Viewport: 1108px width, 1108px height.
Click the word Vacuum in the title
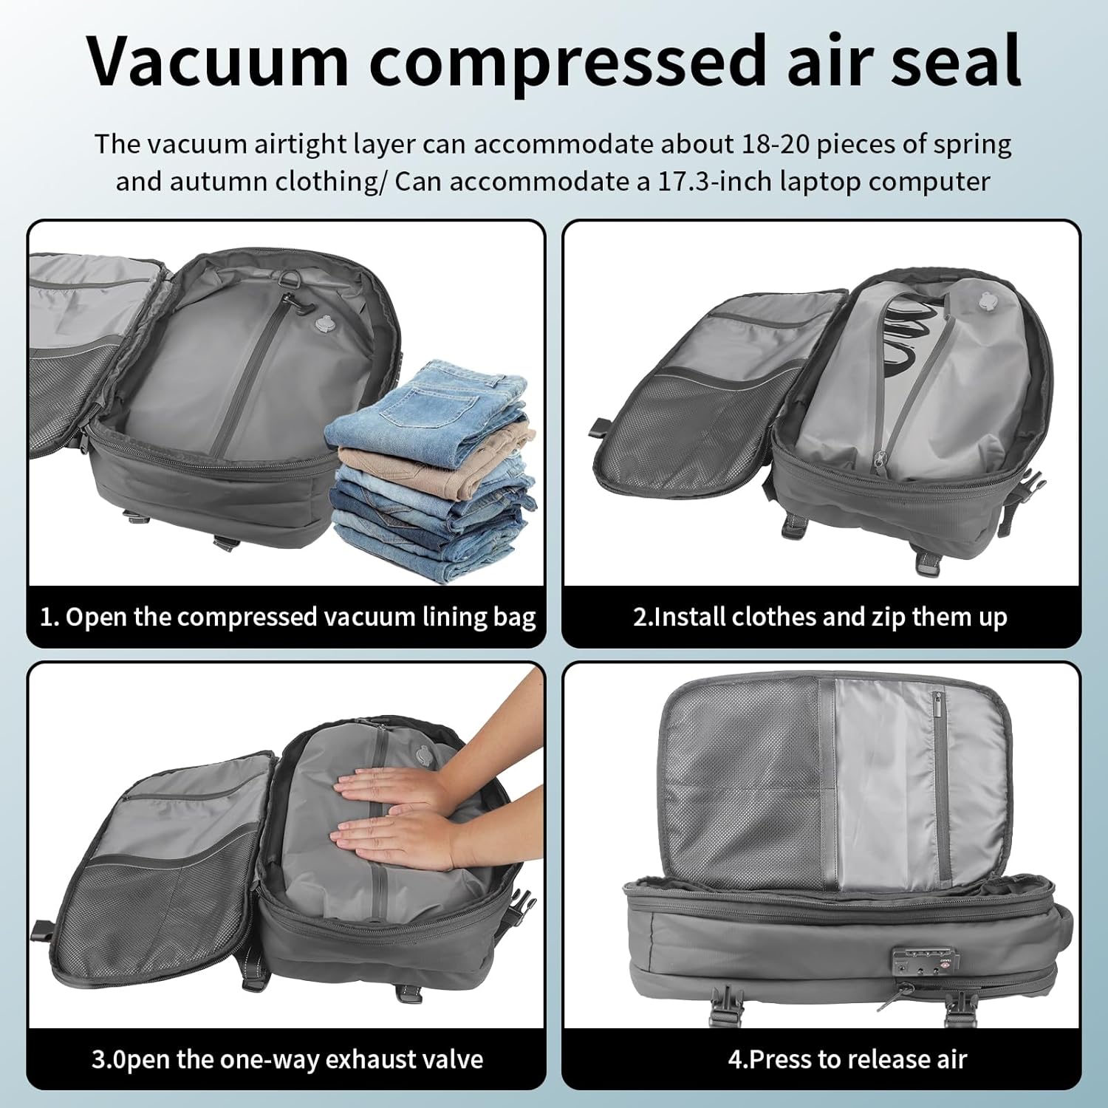[218, 61]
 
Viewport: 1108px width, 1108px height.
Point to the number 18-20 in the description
[773, 144]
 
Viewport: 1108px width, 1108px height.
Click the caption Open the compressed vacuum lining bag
[287, 617]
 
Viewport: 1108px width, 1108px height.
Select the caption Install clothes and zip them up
[820, 617]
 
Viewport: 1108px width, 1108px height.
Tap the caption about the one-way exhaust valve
[287, 1059]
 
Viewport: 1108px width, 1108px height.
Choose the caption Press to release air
[847, 1059]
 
